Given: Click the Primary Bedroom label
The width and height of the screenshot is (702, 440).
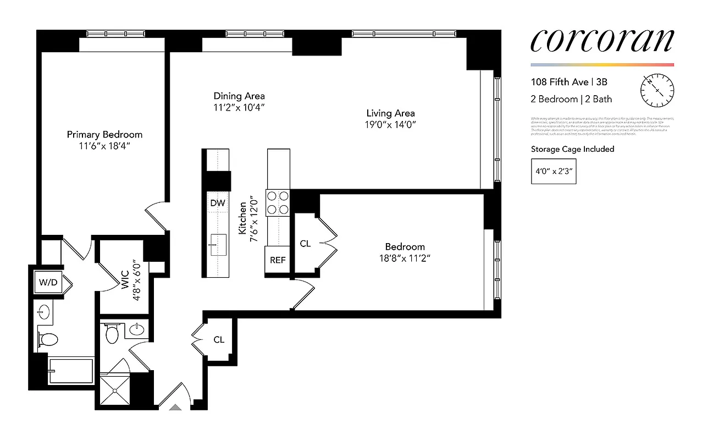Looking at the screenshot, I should (104, 134).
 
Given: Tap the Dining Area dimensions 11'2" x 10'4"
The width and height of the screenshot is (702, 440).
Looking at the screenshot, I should (239, 108).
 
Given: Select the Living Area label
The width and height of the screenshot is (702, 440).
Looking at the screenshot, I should (390, 113).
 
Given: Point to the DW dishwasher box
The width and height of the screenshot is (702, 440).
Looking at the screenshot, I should (218, 203).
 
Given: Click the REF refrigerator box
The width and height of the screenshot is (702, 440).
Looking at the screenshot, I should (278, 260).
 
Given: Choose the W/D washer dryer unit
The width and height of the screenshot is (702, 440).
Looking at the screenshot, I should (48, 283).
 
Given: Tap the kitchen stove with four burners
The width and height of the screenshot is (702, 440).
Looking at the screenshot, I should (278, 202).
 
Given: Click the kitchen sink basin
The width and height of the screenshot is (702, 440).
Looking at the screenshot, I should (218, 243).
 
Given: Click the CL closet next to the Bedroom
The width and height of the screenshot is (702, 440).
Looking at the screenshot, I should (305, 243).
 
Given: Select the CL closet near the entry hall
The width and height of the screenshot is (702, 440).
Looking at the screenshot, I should (219, 339).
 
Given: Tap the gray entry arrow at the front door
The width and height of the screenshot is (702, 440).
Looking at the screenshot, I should (175, 408).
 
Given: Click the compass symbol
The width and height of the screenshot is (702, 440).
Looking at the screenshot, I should (657, 90).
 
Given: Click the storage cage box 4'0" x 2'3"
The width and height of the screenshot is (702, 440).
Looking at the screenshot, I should (554, 171).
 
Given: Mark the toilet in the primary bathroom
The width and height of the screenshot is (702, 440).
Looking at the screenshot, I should (47, 339).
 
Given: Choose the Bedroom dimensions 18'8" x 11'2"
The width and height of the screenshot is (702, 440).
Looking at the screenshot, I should (405, 258).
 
